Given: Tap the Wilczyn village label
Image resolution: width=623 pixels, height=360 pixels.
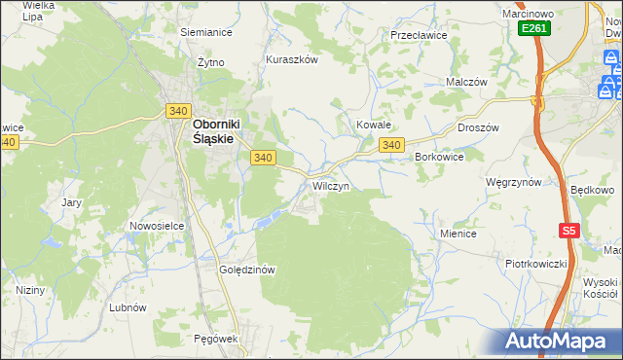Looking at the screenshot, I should click(x=330, y=185).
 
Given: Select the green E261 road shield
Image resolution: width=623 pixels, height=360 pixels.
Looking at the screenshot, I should click(x=534, y=29).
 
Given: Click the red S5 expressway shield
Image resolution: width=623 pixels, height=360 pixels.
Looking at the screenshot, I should click(x=569, y=231).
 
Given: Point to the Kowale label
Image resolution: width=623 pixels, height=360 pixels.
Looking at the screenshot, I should click(x=373, y=126).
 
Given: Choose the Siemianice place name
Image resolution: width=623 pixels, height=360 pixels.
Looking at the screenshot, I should click(x=205, y=31).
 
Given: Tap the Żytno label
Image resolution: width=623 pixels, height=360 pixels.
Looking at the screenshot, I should click(x=210, y=62).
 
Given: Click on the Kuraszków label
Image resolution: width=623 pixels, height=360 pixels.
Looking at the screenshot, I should click(x=292, y=59).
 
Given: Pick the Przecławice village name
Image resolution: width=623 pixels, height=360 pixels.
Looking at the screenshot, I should click(x=418, y=34).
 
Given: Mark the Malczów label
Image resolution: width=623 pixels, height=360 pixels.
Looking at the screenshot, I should click(x=465, y=83).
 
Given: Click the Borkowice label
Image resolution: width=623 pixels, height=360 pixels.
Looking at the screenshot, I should click(x=438, y=156).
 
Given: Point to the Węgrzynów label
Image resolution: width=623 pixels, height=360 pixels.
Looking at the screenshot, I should click(x=514, y=181).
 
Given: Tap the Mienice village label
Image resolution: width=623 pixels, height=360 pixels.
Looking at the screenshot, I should click(x=458, y=234).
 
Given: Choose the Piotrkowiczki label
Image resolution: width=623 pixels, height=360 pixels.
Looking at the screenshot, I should click(x=535, y=264).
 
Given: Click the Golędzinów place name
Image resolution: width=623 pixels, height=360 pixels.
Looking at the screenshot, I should click(x=249, y=270).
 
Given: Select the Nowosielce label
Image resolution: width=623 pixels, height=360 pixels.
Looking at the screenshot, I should click(x=157, y=226).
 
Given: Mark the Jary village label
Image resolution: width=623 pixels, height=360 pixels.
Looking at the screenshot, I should click(x=71, y=203).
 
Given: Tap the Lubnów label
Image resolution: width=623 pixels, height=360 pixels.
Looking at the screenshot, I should click(x=128, y=306).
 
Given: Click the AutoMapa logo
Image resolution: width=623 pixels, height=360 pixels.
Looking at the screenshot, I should click(x=558, y=341).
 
